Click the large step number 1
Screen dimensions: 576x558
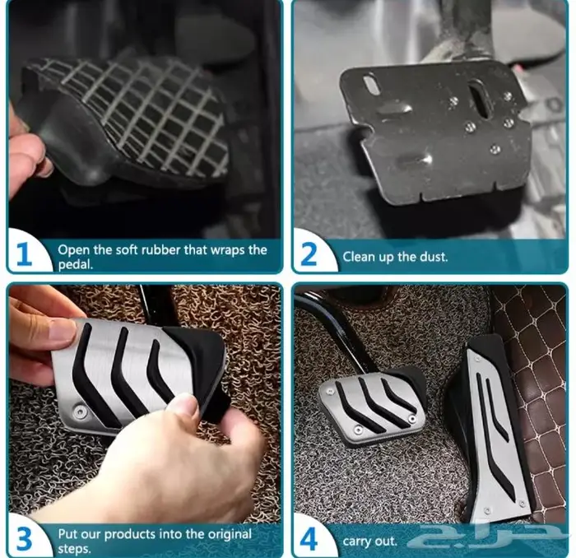click(24, 253)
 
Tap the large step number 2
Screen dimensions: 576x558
click(309, 253)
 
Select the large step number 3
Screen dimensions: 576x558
click(25, 539)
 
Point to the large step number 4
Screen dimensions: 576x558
click(309, 539)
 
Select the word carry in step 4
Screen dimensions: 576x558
click(355, 542)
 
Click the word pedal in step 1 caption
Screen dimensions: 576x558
click(76, 264)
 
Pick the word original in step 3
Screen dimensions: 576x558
click(230, 534)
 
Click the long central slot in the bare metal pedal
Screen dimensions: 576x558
click(482, 98)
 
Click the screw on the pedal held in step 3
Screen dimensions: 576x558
click(80, 409)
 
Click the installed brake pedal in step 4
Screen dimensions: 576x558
click(373, 407)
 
